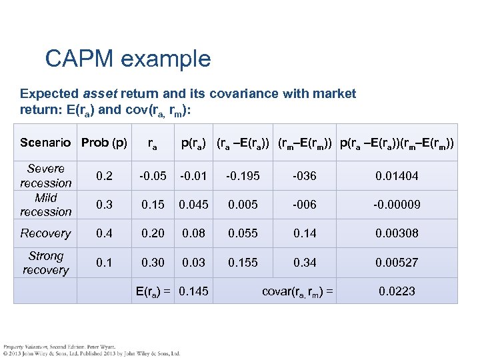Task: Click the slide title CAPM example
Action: [127, 59]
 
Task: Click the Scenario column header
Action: [45, 142]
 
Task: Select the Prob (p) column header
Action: [104, 142]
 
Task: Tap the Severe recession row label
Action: [45, 176]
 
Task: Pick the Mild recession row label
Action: [45, 205]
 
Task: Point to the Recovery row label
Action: [45, 233]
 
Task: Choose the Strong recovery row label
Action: [45, 263]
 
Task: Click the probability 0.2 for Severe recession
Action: [104, 176]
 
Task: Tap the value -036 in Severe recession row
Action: [305, 176]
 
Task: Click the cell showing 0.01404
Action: [397, 176]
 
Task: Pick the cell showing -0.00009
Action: [397, 205]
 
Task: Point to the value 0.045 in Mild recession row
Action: [194, 205]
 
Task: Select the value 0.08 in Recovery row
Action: [194, 233]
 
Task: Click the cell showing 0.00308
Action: [397, 233]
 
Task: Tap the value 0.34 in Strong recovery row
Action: [305, 263]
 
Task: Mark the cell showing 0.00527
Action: [397, 263]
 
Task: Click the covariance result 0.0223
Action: [397, 291]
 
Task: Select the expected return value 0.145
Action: [193, 291]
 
